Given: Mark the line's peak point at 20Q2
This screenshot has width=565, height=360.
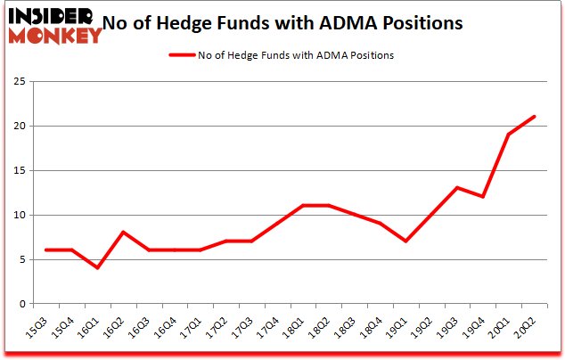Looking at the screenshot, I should click(x=534, y=117).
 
